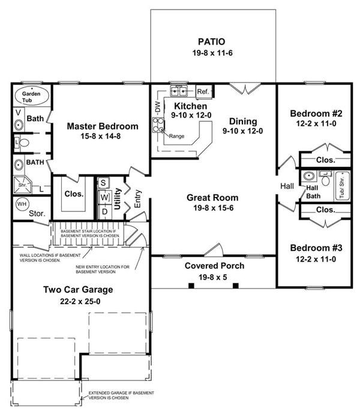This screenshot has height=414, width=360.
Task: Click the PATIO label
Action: (212, 42)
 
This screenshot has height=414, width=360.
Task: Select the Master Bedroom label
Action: (102, 127)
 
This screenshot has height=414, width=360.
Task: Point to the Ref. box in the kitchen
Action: (203, 92)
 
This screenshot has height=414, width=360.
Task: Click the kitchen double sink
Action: (179, 92)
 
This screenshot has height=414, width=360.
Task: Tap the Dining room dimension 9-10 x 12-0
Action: (242, 130)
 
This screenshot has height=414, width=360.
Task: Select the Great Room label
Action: (212, 197)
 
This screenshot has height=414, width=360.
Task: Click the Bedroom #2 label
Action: (316, 113)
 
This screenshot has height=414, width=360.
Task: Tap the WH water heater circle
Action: (22, 204)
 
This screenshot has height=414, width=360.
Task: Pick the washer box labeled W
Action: (103, 197)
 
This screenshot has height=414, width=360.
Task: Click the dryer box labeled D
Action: (103, 211)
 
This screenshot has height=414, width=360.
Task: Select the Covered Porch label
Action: (214, 266)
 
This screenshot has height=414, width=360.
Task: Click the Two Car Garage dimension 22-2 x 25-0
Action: (78, 301)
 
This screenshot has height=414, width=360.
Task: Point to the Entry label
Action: (137, 199)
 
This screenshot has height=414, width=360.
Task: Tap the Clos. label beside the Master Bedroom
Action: (74, 194)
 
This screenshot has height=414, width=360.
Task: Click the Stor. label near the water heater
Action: (38, 212)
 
